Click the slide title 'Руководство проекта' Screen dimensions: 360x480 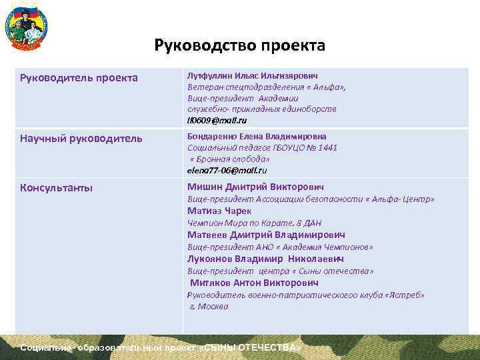point(239,46)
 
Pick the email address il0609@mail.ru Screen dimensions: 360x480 point(217,120)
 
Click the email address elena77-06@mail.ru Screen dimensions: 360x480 point(227,170)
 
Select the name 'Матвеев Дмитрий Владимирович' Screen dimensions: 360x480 point(266,235)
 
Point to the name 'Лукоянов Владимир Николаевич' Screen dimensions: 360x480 point(265,259)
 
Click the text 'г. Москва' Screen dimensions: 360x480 point(209,307)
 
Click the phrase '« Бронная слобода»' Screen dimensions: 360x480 point(230,159)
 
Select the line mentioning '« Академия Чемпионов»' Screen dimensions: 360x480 point(280,247)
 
